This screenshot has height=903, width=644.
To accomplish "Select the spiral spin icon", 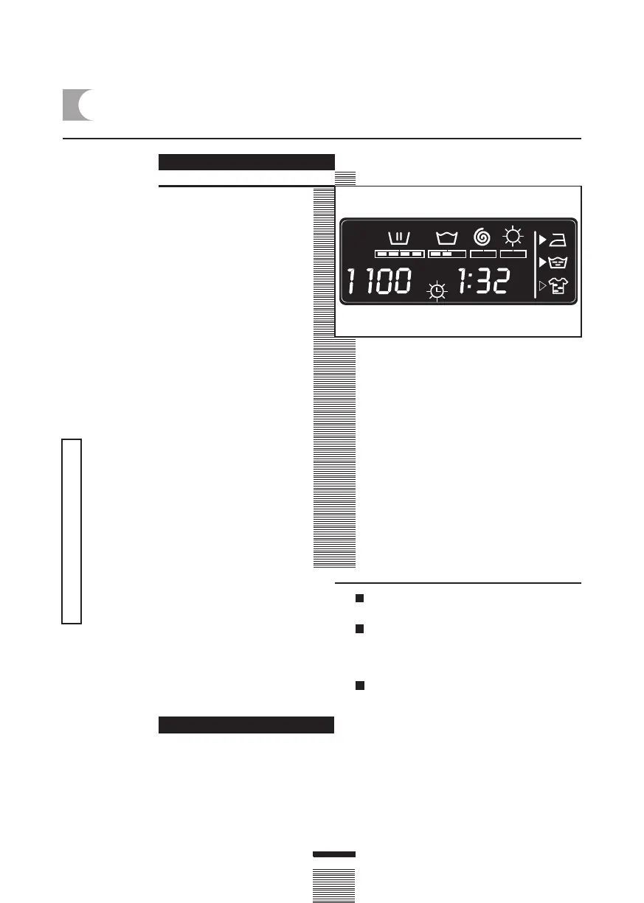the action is click(482, 237).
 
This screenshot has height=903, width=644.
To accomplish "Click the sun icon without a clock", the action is click(512, 237).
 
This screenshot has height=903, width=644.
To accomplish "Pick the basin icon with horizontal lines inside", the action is click(561, 262).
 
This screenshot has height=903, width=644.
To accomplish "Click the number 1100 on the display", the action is click(379, 282).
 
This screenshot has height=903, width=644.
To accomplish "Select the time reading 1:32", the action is click(482, 281).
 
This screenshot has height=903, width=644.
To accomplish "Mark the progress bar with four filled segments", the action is click(399, 254).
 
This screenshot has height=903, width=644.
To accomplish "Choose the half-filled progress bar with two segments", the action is click(447, 254).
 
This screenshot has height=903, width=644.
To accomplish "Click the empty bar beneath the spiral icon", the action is click(483, 254).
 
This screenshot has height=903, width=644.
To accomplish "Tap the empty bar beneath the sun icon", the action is click(513, 254).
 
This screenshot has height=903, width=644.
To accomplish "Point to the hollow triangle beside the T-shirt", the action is click(542, 286).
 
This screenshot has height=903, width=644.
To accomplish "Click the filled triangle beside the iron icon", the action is click(542, 239).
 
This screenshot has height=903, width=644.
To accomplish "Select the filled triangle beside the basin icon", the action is click(542, 262).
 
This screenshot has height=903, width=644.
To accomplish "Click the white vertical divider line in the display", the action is click(534, 263).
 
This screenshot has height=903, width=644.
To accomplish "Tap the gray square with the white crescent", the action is click(77, 105).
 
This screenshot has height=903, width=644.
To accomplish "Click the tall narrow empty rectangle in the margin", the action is click(72, 531).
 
